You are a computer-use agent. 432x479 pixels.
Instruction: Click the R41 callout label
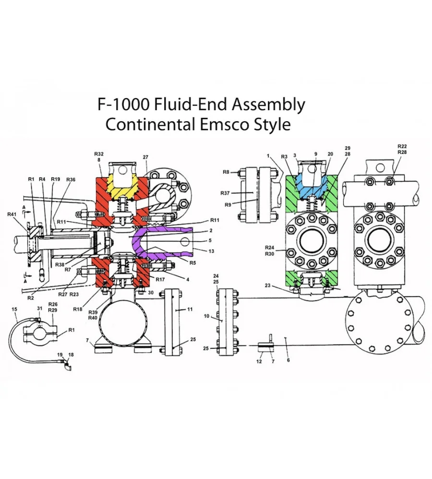pyautogui.click(x=12, y=214)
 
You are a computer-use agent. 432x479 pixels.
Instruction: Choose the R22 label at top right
pyautogui.click(x=402, y=146)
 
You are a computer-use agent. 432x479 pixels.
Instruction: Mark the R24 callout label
pyautogui.click(x=270, y=247)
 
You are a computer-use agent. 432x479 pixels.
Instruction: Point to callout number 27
pyautogui.click(x=146, y=157)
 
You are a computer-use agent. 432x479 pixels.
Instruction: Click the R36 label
pyautogui.click(x=71, y=179)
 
